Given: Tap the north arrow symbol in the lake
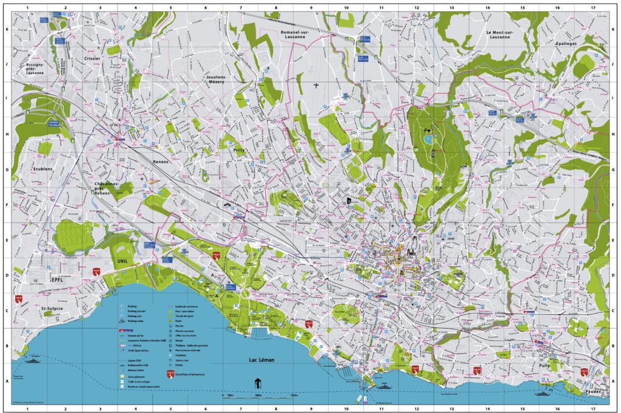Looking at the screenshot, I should coord(257,383).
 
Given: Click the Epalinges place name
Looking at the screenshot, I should coord(569,44).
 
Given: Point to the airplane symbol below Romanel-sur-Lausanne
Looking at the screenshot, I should coord(316,85).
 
